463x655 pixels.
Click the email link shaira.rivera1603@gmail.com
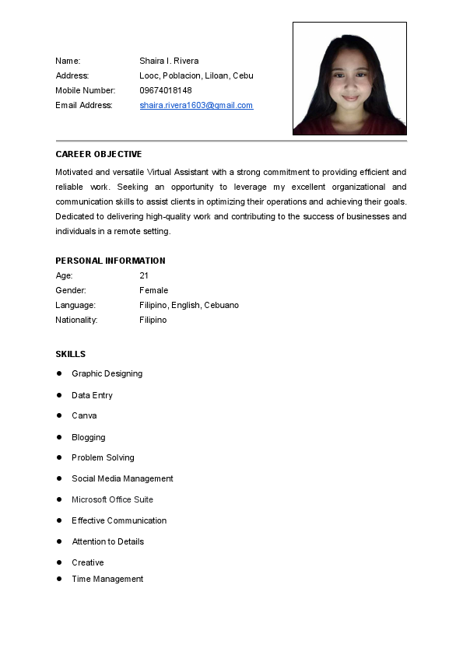click(x=196, y=105)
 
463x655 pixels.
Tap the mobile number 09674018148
click(x=166, y=90)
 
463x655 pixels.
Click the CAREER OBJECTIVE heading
click(x=99, y=154)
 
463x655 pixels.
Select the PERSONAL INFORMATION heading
click(x=110, y=261)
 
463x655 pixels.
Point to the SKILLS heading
click(x=71, y=354)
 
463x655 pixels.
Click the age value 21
click(x=144, y=275)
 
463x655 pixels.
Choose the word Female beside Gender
click(x=154, y=290)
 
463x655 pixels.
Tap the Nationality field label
click(x=76, y=320)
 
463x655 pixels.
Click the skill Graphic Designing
click(x=107, y=373)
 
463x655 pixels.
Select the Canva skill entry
click(x=85, y=415)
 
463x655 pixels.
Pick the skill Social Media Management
click(x=123, y=478)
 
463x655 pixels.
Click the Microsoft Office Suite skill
click(x=113, y=499)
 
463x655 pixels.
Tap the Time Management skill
click(x=107, y=579)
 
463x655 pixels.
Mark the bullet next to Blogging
click(x=59, y=437)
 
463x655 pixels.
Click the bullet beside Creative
click(x=59, y=562)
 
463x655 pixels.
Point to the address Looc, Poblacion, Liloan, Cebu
click(x=196, y=75)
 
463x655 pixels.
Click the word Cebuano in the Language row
click(x=222, y=305)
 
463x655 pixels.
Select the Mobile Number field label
click(x=86, y=90)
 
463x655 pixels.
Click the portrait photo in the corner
click(x=349, y=79)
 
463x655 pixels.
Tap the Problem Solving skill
click(x=103, y=457)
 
